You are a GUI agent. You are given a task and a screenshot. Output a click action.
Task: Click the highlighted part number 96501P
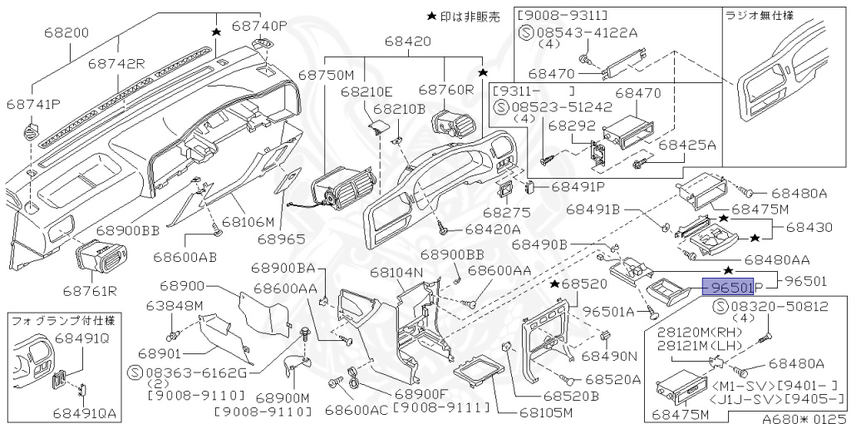click(x=728, y=288)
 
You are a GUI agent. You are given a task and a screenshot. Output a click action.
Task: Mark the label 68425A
click(x=686, y=145)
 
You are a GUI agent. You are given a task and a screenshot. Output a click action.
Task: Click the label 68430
click(x=809, y=226)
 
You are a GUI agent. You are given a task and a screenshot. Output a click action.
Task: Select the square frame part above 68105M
click(x=480, y=372)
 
